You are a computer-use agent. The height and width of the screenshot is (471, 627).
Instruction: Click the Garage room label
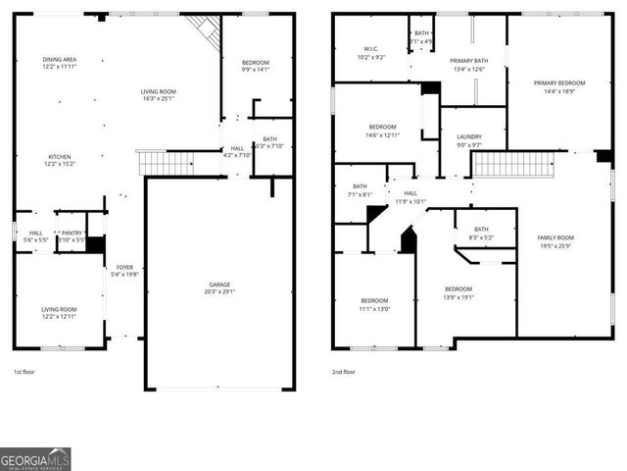tap(218, 288)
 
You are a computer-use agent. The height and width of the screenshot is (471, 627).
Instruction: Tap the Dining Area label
tap(60, 63)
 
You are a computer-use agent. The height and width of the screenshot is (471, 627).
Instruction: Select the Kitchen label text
tap(60, 160)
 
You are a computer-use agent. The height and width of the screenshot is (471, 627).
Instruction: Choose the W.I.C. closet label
tap(371, 53)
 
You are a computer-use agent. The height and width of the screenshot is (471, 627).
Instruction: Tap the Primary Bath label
tap(469, 65)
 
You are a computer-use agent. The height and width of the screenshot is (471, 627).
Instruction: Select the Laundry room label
tap(469, 140)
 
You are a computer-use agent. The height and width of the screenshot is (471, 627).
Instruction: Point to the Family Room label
tap(555, 241)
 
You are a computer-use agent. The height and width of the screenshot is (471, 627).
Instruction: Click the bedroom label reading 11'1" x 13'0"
tap(374, 304)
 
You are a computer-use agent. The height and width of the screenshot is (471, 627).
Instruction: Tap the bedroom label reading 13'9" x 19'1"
tap(458, 292)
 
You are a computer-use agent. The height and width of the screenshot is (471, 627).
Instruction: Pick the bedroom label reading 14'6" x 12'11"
tap(382, 130)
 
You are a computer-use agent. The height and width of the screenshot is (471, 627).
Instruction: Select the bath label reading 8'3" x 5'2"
tap(481, 233)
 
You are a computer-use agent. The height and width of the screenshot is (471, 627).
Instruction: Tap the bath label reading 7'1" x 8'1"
tap(360, 189)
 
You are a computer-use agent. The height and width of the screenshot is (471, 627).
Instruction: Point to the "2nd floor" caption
tap(344, 372)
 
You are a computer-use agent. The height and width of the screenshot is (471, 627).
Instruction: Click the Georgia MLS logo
tap(35, 458)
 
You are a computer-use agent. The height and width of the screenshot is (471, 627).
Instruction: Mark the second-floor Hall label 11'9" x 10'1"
tap(410, 197)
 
